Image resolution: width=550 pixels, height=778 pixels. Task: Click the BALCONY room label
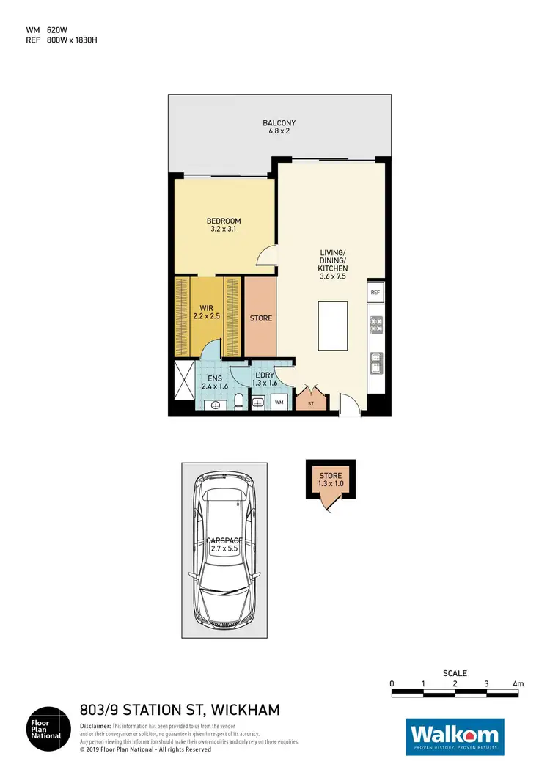tap(279, 123)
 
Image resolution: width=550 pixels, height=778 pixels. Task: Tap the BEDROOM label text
tap(223, 221)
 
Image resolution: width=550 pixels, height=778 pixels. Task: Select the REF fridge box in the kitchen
tap(375, 293)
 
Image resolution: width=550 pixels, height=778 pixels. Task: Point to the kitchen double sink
tap(375, 361)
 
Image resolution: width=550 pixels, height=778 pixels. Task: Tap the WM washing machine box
tap(279, 402)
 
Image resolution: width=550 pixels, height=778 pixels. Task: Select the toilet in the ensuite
tap(239, 401)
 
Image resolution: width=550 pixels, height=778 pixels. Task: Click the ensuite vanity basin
tap(216, 405)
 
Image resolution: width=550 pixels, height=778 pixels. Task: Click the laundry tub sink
tap(258, 403)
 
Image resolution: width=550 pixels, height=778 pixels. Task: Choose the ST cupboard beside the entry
tap(310, 403)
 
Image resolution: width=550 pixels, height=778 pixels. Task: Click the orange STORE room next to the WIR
tap(260, 318)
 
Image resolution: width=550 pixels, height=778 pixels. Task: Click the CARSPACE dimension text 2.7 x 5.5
tap(225, 548)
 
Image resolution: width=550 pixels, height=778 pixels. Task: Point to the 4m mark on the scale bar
tap(518, 683)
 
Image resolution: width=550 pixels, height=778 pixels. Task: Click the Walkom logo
tap(455, 735)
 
